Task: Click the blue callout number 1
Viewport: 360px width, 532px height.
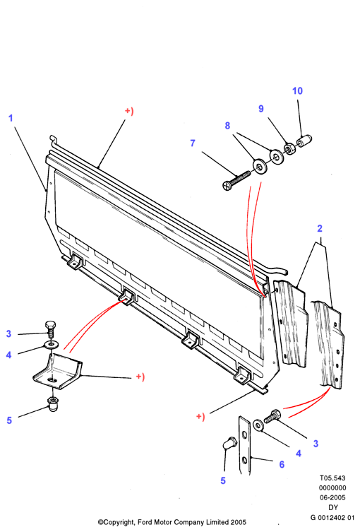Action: (11, 118)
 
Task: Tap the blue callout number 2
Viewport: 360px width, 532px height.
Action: (320, 228)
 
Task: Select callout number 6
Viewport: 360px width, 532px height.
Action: (282, 464)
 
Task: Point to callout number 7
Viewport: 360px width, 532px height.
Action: (193, 143)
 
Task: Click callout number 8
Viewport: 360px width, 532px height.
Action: (227, 126)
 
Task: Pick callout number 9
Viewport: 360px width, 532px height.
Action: (261, 109)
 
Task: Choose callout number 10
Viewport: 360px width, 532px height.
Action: (297, 91)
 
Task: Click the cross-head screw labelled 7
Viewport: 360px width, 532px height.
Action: (236, 180)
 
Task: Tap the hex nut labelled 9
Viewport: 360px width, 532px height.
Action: (289, 148)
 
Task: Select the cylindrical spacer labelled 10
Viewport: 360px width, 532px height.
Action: (304, 141)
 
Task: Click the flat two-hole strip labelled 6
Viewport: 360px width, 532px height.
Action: (245, 445)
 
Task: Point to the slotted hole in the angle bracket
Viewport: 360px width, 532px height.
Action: (52, 380)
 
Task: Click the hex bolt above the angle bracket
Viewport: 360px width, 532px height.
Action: (50, 329)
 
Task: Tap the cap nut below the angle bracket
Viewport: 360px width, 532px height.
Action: (52, 403)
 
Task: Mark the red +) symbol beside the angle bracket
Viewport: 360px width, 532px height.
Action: (140, 377)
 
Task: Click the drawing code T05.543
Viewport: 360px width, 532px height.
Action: (332, 478)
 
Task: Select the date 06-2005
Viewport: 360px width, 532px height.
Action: (333, 497)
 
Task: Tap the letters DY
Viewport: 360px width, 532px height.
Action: (333, 507)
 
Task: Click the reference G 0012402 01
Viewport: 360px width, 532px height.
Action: (332, 517)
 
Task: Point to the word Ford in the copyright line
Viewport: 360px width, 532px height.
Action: (145, 522)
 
